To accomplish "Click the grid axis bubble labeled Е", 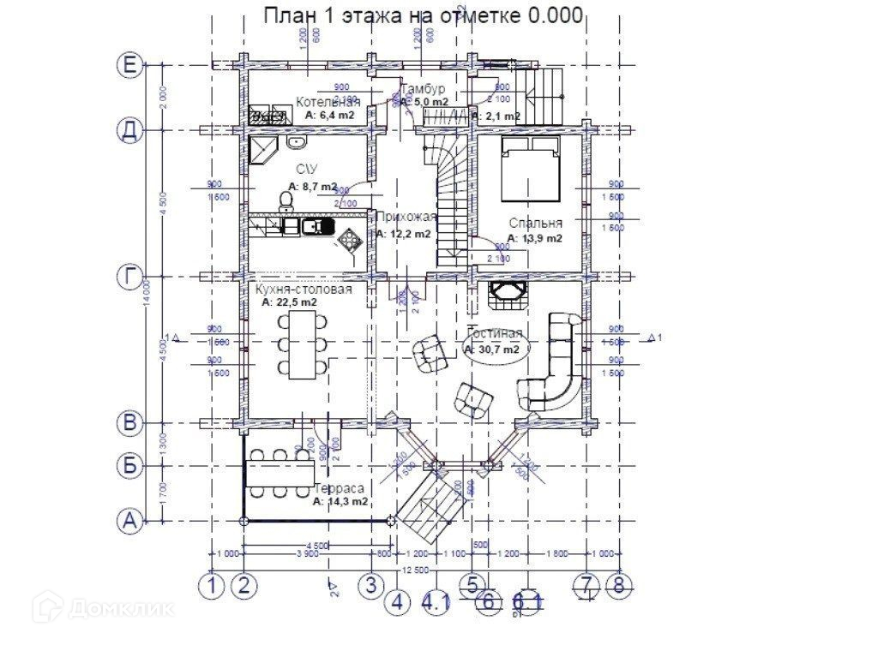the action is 129,66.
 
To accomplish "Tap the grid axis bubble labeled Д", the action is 129,131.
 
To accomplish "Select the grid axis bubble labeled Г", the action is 129,277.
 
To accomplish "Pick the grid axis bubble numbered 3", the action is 370,586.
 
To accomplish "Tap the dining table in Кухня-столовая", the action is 302,343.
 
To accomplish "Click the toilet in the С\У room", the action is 286,200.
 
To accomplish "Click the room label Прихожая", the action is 406,217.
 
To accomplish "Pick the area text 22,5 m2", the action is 290,302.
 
